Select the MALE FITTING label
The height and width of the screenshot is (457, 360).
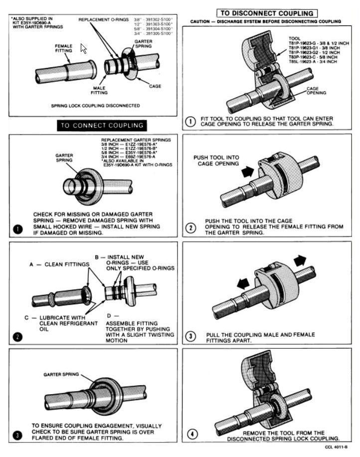tap(99, 90)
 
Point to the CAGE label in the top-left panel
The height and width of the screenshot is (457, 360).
tap(155, 86)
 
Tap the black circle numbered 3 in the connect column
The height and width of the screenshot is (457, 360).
tap(18, 435)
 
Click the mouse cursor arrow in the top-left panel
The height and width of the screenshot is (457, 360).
tap(83, 48)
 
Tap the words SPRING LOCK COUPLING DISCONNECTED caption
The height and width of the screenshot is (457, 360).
tap(95, 106)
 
